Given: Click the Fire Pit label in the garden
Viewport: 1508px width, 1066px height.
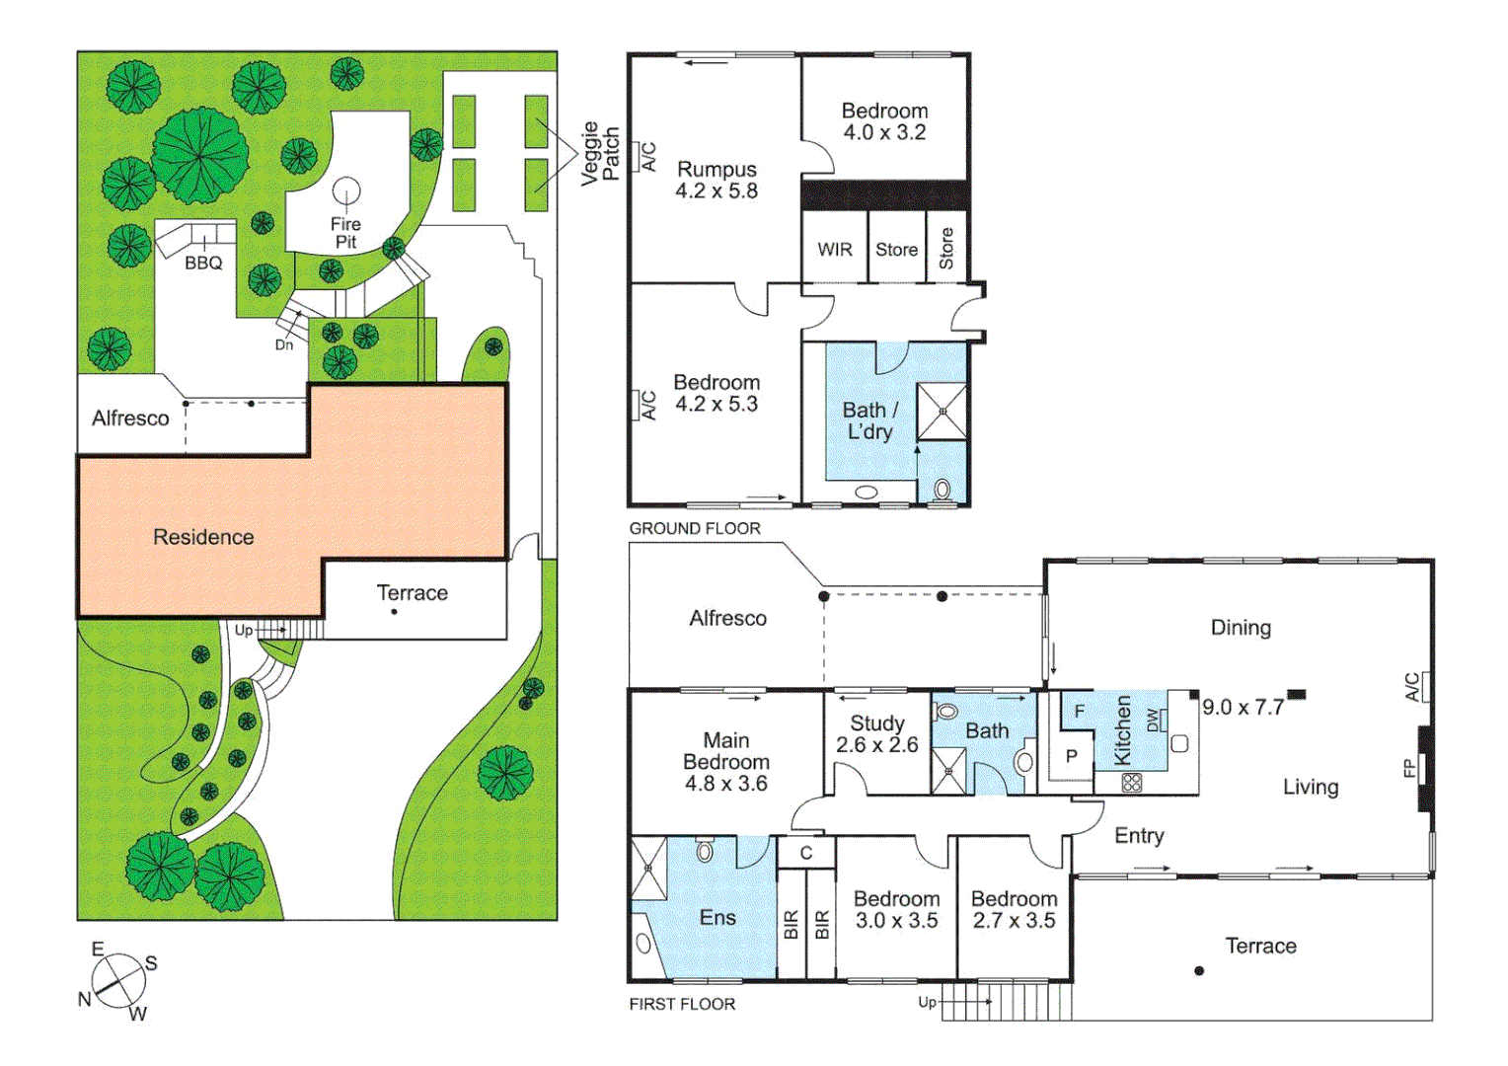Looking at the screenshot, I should tap(345, 233).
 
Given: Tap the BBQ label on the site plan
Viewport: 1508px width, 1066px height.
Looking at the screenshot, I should tap(203, 264).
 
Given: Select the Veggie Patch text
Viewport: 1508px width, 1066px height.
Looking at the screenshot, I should tap(599, 154).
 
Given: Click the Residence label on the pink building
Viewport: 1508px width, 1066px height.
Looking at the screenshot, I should tap(203, 537).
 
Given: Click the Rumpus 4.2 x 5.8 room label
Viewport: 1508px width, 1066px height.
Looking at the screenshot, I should tap(716, 181).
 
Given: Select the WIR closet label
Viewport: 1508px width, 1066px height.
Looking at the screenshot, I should tap(834, 250).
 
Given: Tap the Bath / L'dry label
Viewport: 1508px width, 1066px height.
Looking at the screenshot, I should tap(869, 420).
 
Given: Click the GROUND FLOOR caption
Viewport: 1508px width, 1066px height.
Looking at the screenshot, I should tap(695, 529).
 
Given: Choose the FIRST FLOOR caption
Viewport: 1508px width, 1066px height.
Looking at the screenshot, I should tap(682, 1004).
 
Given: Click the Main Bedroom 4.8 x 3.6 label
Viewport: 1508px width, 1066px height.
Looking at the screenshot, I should tap(726, 761).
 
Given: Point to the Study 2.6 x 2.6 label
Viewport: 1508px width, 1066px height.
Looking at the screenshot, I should tap(876, 734).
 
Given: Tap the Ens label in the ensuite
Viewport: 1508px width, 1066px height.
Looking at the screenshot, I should tap(717, 917).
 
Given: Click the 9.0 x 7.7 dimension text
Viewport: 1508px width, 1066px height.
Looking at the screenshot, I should tap(1243, 708).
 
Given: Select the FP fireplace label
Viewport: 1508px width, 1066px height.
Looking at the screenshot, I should tap(1409, 768).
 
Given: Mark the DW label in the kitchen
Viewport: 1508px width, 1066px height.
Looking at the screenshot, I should tap(1153, 720).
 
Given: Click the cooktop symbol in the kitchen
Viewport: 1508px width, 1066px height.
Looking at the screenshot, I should tap(1132, 783).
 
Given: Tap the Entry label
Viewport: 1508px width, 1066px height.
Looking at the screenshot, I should tap(1139, 836).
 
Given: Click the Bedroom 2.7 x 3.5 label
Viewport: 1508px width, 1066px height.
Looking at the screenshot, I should tap(1014, 910).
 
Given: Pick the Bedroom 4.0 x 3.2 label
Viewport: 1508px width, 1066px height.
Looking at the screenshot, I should tap(884, 121).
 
